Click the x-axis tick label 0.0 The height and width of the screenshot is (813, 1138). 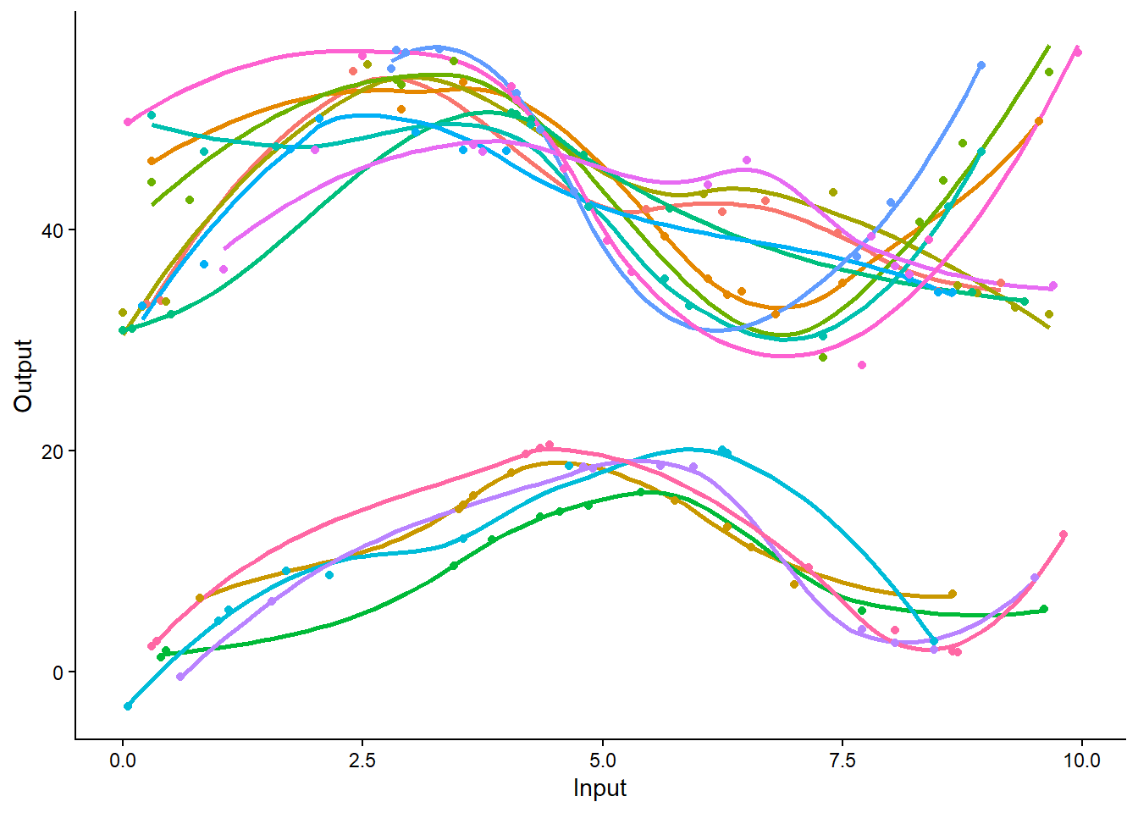pyautogui.click(x=123, y=760)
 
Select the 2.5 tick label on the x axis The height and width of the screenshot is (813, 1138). pyautogui.click(x=362, y=760)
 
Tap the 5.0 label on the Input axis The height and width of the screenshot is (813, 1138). pyautogui.click(x=602, y=760)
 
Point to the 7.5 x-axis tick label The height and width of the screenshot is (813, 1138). pyautogui.click(x=842, y=760)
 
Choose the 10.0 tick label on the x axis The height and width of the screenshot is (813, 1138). pyautogui.click(x=1081, y=760)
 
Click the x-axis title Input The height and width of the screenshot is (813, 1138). pyautogui.click(x=599, y=788)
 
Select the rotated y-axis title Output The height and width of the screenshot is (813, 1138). pyautogui.click(x=23, y=376)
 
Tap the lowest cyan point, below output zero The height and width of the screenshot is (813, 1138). pyautogui.click(x=128, y=706)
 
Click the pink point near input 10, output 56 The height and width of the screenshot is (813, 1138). pyautogui.click(x=1077, y=53)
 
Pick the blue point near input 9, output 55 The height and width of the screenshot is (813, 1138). pyautogui.click(x=981, y=65)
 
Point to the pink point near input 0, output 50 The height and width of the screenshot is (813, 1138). pyautogui.click(x=128, y=122)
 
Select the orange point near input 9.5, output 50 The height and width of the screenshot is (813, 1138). pyautogui.click(x=1039, y=121)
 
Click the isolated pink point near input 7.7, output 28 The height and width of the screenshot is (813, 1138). pyautogui.click(x=862, y=365)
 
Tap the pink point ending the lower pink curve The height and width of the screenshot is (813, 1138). pyautogui.click(x=1063, y=534)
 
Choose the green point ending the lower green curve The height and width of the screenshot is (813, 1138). pyautogui.click(x=1043, y=609)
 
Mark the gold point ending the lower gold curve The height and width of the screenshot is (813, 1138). pyautogui.click(x=953, y=594)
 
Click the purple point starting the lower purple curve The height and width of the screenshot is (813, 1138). pyautogui.click(x=180, y=677)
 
